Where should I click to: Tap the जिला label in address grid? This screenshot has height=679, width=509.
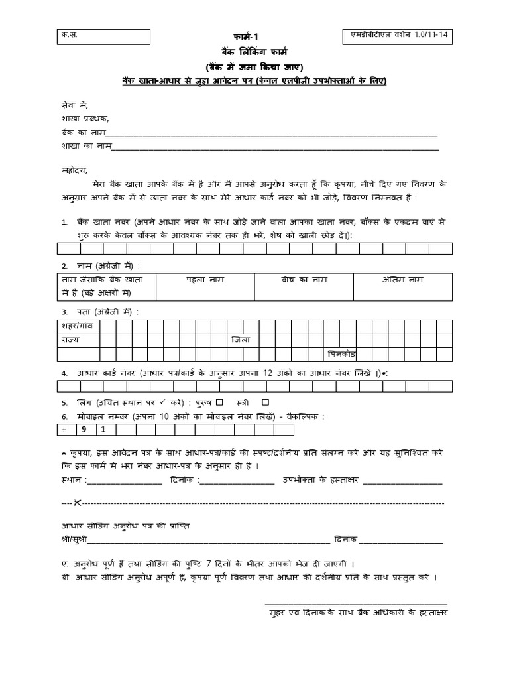click(239, 340)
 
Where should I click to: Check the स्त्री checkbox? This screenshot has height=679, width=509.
click(266, 402)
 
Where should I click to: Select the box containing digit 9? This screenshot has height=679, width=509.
click(86, 430)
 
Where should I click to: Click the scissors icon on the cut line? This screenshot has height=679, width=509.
click(77, 501)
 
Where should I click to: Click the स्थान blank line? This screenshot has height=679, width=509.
click(121, 483)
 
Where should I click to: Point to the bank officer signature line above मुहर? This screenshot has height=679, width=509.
click(356, 603)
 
